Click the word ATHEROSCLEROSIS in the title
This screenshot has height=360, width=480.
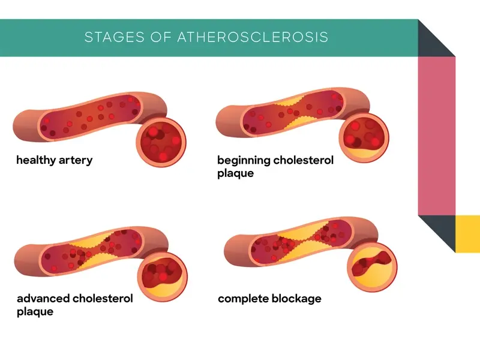tap(253, 37)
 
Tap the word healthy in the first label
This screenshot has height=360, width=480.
tap(36, 160)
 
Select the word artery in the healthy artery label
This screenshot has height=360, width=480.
tap(76, 160)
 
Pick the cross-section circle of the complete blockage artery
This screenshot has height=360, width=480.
tap(370, 267)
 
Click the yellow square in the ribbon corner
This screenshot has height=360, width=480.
tap(467, 233)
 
